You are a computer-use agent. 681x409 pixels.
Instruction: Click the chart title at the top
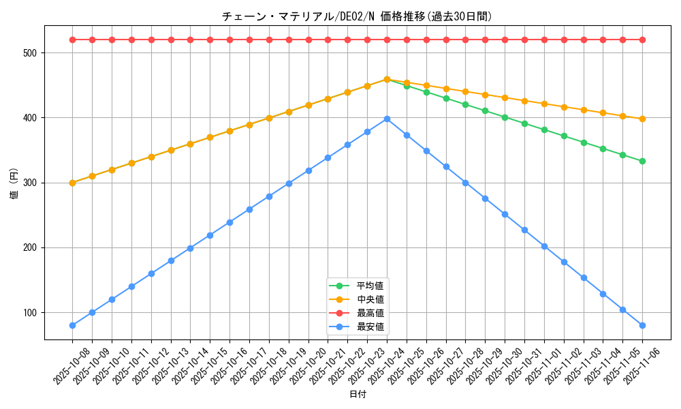[x=357, y=16]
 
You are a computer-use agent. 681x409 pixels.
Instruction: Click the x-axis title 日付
[x=357, y=395]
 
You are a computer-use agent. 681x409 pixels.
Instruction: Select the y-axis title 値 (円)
[x=14, y=183]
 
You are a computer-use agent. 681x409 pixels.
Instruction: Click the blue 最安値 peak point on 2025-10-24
[x=387, y=119]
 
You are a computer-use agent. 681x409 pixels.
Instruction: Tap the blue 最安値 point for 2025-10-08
[x=72, y=325]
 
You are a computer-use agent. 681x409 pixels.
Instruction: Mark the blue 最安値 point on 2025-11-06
[x=642, y=325]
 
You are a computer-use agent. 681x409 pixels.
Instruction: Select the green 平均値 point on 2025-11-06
[x=642, y=161]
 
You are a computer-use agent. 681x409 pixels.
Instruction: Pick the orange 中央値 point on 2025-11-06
[x=642, y=119]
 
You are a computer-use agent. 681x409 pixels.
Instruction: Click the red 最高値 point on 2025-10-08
[x=72, y=40]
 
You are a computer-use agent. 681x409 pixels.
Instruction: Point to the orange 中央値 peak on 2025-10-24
[x=387, y=79]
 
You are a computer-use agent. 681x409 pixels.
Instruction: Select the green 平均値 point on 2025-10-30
[x=505, y=117]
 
